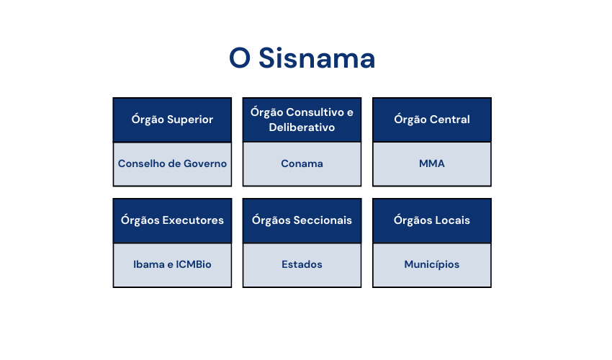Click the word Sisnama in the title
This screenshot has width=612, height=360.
[x=317, y=58]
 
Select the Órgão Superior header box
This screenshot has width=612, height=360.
[x=172, y=120]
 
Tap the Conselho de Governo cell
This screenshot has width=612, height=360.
[x=172, y=163]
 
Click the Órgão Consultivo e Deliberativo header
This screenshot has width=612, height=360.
[x=302, y=120]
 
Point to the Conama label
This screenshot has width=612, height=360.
[x=302, y=163]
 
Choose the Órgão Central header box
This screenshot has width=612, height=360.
[x=431, y=120]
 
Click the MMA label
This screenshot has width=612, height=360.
[x=431, y=163]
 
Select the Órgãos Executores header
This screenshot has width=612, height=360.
[x=172, y=220]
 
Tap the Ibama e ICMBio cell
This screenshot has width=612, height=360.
[x=172, y=264]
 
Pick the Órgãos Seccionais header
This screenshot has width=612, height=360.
[x=302, y=220]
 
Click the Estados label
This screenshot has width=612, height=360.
[x=302, y=264]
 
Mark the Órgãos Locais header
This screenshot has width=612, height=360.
[x=431, y=220]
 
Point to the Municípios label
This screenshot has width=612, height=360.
[x=431, y=264]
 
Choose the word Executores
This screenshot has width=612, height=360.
[x=193, y=220]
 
